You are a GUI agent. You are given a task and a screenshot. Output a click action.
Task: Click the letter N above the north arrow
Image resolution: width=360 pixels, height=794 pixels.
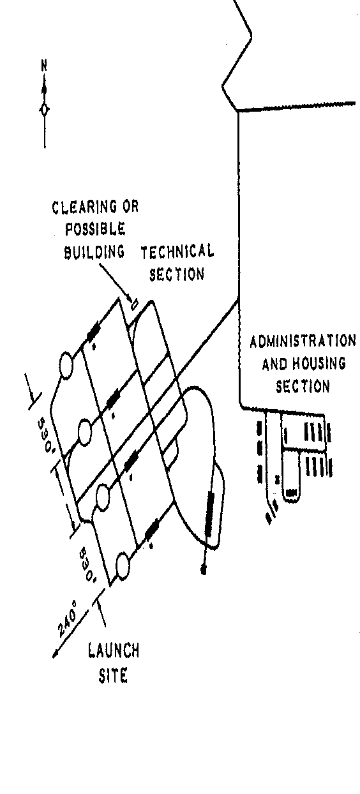click(44, 66)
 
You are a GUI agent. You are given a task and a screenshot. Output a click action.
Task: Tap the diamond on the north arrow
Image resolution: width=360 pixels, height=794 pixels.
click(44, 110)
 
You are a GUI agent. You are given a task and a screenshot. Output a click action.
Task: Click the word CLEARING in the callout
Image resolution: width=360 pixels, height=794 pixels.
click(84, 207)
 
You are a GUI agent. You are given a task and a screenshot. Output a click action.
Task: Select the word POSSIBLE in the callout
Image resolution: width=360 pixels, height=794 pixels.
click(95, 229)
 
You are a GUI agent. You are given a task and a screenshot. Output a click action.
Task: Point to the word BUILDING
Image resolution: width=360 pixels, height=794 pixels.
click(94, 251)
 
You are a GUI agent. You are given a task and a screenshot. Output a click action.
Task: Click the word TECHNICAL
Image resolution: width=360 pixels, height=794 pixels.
click(177, 251)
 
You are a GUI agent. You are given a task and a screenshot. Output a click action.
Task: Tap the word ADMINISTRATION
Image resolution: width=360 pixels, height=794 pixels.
click(303, 341)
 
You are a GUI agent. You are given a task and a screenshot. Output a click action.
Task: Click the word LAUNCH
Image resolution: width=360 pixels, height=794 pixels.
click(114, 651)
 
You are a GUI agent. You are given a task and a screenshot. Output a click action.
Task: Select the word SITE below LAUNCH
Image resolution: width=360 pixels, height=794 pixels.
click(113, 676)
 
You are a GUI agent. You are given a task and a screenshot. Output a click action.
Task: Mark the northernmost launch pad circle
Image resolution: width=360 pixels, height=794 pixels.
click(66, 365)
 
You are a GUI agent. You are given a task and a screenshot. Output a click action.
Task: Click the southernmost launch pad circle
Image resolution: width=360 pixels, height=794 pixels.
click(123, 566)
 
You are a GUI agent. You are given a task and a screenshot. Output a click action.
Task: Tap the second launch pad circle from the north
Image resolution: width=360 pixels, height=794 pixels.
click(84, 431)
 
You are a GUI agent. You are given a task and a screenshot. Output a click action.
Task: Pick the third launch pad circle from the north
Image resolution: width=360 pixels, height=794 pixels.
click(103, 498)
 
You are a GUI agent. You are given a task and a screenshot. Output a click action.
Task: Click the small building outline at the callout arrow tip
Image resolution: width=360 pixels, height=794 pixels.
click(134, 304)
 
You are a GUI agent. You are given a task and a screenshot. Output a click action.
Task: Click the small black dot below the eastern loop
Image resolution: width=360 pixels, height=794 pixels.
click(204, 570)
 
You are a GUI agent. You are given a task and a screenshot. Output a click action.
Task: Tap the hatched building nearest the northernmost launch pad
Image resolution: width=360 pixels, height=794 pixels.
click(94, 331)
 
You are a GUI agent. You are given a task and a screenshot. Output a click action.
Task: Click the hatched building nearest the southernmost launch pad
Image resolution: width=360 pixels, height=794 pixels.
click(151, 530)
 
